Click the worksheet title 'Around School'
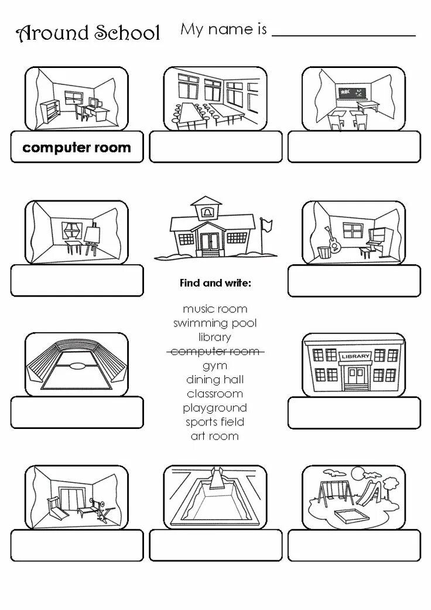click(88, 33)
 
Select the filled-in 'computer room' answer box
click(77, 147)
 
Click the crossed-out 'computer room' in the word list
click(215, 352)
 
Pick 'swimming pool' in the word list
click(215, 323)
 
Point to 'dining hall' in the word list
click(215, 380)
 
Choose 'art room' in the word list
click(215, 436)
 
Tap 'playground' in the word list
click(215, 408)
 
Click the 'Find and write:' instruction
click(215, 283)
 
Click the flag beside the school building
click(267, 224)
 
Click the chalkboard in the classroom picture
click(351, 93)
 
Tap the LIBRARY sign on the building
click(355, 356)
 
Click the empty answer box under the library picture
click(354, 413)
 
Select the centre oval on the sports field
click(77, 367)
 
